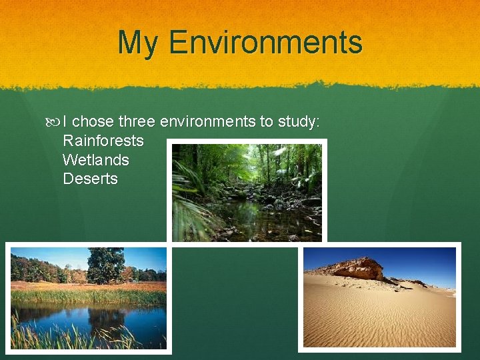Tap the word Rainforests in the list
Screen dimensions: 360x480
[x=103, y=141]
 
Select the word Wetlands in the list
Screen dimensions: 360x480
[x=95, y=160]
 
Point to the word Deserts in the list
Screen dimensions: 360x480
[x=90, y=179]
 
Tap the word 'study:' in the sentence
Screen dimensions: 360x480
[x=299, y=121]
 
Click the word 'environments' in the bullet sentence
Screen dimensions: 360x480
[x=207, y=121]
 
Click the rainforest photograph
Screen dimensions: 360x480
[x=247, y=192]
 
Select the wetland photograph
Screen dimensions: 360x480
[x=88, y=297]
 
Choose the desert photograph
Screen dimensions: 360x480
[x=379, y=297]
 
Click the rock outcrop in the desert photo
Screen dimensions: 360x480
[x=357, y=268]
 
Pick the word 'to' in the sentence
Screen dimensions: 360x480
[x=266, y=121]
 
